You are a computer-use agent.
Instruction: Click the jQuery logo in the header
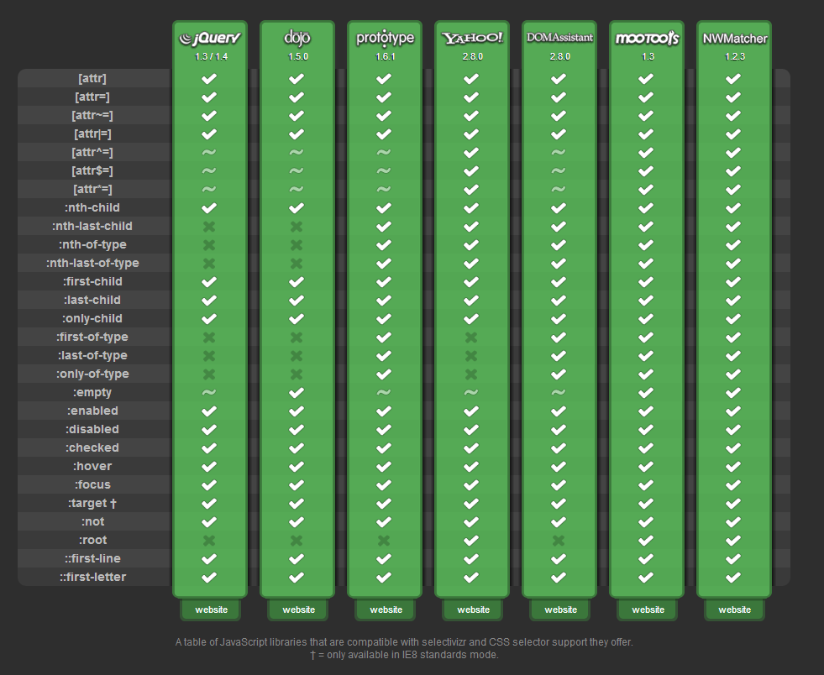pos(210,39)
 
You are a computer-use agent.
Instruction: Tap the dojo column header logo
pos(297,38)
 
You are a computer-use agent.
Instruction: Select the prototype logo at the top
pos(385,39)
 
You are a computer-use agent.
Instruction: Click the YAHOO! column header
pos(473,38)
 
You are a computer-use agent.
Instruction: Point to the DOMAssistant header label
pos(559,38)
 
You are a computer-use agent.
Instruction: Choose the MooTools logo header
pos(647,39)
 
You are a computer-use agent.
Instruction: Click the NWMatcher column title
pos(735,39)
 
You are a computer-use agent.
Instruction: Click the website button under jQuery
pos(211,610)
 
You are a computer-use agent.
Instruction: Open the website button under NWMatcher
pos(735,610)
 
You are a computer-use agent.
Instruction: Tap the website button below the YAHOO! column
pos(473,610)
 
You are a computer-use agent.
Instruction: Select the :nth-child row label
pos(92,207)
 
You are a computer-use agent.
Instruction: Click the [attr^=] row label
pos(92,152)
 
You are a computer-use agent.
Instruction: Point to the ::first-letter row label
pos(92,577)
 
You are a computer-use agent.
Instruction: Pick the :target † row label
pos(92,503)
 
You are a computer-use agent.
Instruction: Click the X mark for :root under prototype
pos(384,540)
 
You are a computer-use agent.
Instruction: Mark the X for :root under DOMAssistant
pos(559,540)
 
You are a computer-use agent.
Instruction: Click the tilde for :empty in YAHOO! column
pos(471,392)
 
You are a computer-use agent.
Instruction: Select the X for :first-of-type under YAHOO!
pos(471,337)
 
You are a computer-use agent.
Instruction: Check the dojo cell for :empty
pos(297,392)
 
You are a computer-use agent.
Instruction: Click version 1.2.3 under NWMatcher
pos(734,57)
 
